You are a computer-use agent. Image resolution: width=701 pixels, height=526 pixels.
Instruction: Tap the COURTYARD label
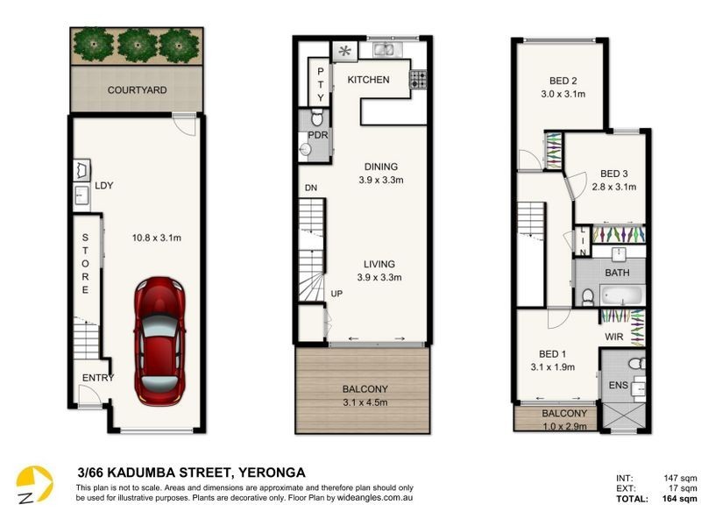[x=138, y=90]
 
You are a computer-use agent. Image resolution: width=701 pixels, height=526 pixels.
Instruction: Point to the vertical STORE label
[x=86, y=264]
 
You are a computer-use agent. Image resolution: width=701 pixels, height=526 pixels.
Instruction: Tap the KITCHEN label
[x=368, y=80]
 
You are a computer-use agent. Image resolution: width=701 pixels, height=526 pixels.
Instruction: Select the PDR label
[x=317, y=135]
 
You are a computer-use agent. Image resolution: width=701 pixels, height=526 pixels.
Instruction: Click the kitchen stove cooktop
[x=418, y=79]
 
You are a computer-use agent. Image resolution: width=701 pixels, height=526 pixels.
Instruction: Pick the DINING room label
[x=379, y=167]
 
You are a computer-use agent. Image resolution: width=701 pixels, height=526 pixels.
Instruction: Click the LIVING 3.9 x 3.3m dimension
[x=379, y=278]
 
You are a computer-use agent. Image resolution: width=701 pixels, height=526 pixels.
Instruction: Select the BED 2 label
[x=563, y=80]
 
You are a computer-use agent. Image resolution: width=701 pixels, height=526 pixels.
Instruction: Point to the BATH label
[x=618, y=274]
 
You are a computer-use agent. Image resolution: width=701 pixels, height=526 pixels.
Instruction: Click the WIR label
[x=614, y=336]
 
